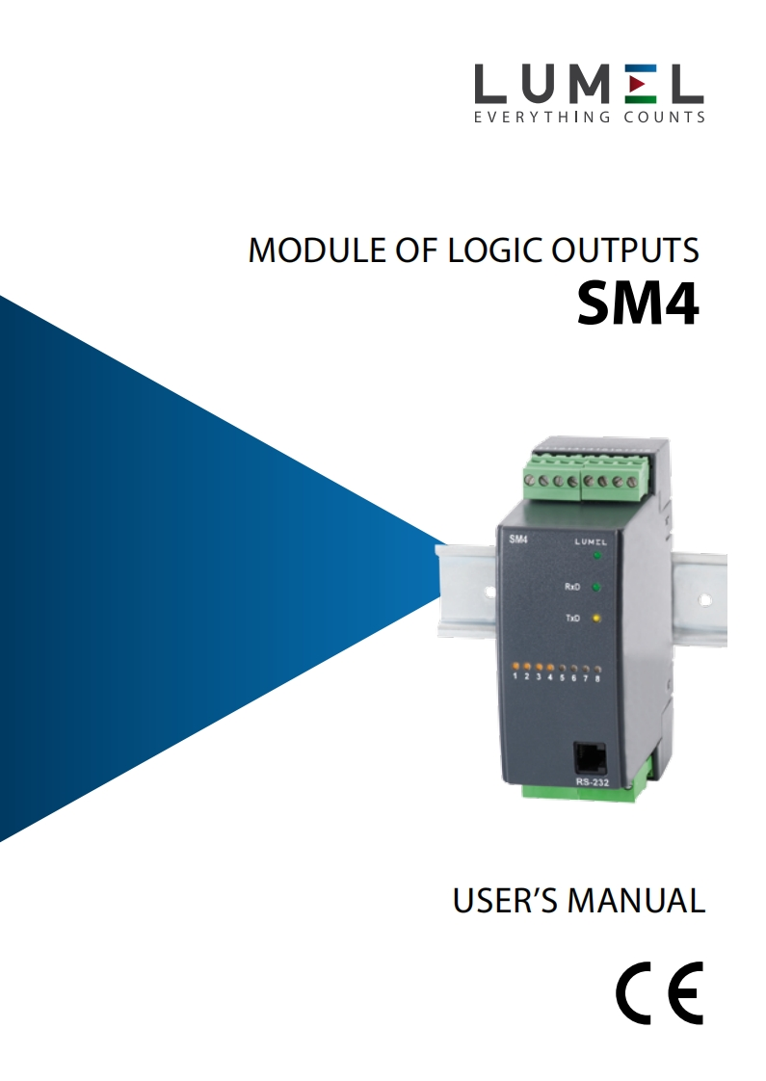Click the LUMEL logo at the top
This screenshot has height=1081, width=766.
click(589, 85)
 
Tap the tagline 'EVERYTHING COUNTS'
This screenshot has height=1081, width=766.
click(589, 119)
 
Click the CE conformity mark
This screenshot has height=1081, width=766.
click(660, 992)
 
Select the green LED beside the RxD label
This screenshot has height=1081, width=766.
click(596, 586)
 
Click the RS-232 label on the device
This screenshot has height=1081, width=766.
click(590, 782)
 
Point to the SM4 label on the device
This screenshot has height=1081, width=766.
click(517, 540)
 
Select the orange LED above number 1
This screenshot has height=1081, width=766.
click(516, 667)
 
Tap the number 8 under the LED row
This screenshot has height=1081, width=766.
click(598, 678)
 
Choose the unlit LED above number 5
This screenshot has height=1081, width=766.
click(563, 668)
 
